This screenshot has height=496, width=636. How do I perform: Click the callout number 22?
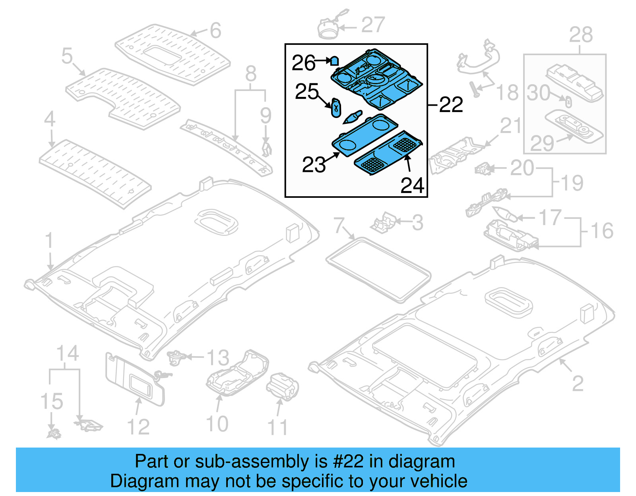coord(451,105)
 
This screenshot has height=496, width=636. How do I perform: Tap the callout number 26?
coord(304,63)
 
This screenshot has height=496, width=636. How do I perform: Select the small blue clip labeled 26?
coord(334,61)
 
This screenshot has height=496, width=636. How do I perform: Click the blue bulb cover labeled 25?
coord(336,108)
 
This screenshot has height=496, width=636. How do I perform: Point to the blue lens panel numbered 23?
coord(365,134)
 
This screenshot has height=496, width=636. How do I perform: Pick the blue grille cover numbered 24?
coord(389,153)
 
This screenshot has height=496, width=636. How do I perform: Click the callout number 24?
coord(412,185)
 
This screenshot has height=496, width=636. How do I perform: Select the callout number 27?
coord(373,25)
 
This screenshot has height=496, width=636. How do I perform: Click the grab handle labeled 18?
coord(477,62)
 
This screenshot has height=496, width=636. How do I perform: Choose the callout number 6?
coord(215,31)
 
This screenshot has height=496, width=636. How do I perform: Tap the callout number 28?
coord(581,35)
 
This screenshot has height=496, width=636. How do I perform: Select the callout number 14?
coord(68,353)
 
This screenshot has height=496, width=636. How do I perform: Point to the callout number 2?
coord(578,383)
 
